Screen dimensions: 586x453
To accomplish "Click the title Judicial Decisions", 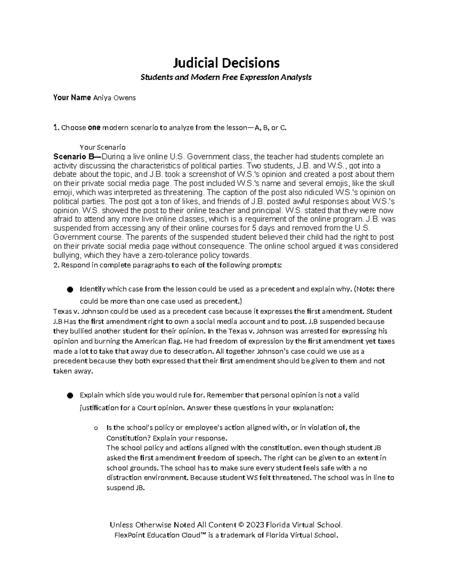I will pos(226,62).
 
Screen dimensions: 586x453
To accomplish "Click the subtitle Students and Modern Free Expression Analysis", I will pos(226,77).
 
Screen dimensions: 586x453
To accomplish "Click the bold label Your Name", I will pos(72,98).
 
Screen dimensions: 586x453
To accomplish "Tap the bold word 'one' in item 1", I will pos(94,128).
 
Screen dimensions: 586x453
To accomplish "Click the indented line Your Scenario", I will pos(103,147).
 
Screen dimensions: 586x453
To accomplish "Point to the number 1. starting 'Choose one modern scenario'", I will pos(56,128).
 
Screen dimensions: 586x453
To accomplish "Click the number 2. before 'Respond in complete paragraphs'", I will pos(56,265).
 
